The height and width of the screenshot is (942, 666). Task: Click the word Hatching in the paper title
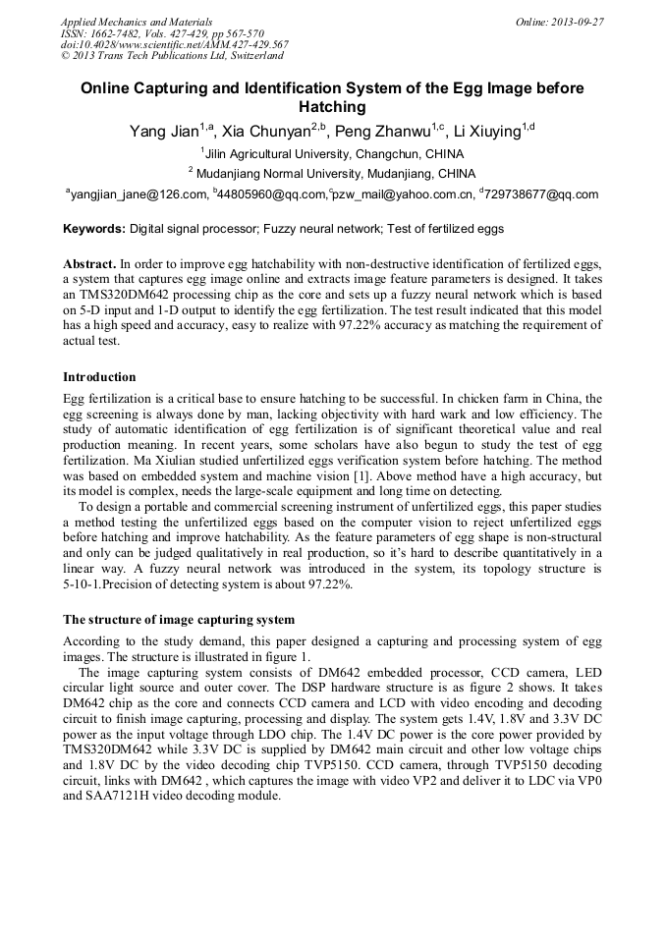coord(332,107)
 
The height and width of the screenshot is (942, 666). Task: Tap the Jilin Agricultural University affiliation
coord(335,154)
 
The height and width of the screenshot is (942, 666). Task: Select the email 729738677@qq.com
coord(541,194)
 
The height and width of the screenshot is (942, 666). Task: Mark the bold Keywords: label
coord(94,229)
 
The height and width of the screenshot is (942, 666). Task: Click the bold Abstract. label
coord(89,265)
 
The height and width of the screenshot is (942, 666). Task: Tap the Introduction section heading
coord(99,377)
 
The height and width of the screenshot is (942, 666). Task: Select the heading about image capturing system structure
coord(179,620)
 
